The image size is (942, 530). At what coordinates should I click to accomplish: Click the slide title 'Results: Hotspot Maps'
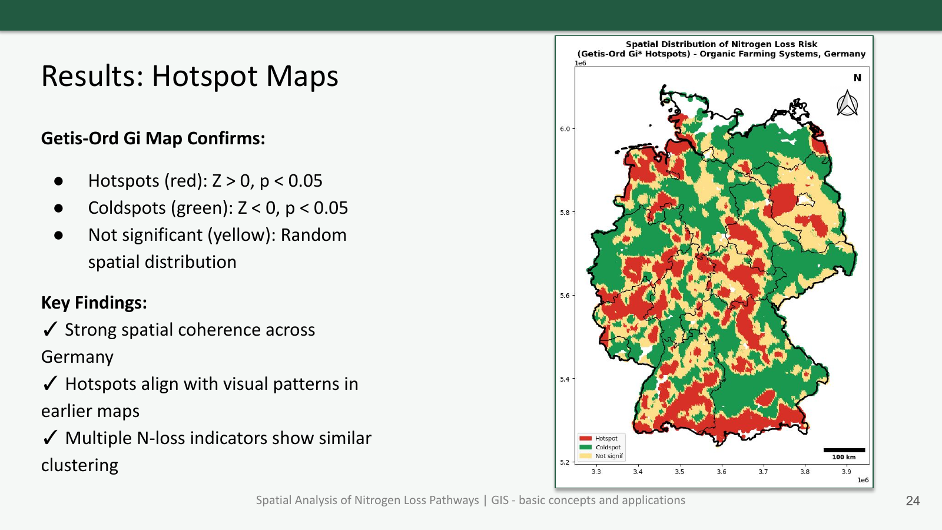point(190,77)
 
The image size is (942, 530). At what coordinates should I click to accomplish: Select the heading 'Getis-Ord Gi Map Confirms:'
point(153,138)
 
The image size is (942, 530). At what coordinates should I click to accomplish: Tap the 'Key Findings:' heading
point(94,303)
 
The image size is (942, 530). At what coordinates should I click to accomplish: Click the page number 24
point(913,501)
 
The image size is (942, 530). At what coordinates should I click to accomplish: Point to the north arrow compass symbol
point(847,104)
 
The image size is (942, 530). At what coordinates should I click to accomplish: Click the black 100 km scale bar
point(844,450)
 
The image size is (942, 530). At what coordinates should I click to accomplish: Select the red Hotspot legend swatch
point(585,439)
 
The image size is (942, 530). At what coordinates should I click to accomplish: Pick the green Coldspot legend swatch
point(585,448)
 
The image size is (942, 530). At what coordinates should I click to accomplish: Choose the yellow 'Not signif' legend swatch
point(585,456)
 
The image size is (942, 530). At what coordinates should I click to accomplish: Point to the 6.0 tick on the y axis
point(565,129)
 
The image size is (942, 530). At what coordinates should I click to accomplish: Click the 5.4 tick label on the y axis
point(565,379)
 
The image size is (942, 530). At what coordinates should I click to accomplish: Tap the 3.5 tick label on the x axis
point(679,472)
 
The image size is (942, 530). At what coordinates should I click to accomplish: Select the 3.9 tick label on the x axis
point(846,472)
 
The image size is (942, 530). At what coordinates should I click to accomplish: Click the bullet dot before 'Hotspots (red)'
point(58,181)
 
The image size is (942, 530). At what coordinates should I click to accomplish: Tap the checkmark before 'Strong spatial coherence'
point(50,329)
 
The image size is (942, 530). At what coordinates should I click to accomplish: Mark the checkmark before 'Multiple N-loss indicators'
point(50,438)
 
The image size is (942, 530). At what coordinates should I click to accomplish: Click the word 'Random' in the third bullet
point(313,235)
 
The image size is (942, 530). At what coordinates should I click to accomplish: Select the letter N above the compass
point(857,78)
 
